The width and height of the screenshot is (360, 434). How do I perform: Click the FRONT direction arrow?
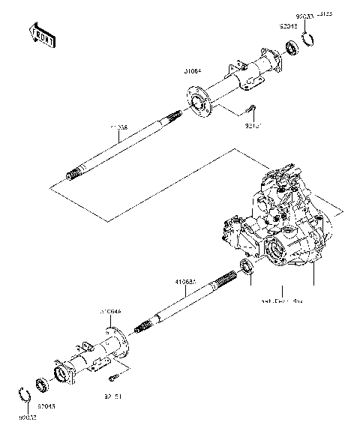(x=41, y=35)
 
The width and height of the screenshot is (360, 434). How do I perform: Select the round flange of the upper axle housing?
(x=199, y=103)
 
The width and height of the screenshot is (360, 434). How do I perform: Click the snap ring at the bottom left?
(x=24, y=394)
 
